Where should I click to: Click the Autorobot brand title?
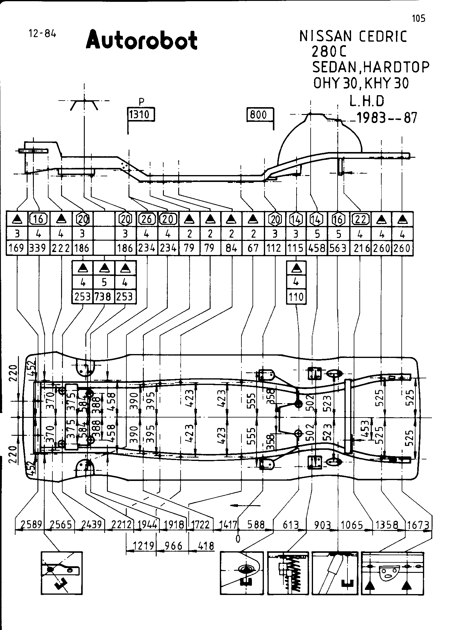point(142,40)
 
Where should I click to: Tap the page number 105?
point(418,19)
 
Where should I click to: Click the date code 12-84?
point(42,33)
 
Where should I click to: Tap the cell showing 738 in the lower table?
point(104,296)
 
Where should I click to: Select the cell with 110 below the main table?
point(296,297)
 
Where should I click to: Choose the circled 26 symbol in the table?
point(147,219)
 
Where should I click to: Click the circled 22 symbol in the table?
point(360,219)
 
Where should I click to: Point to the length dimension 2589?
point(30,525)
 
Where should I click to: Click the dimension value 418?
point(206,546)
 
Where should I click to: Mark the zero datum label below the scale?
point(238,538)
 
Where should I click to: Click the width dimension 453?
point(365,429)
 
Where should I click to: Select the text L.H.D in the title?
point(366,101)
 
